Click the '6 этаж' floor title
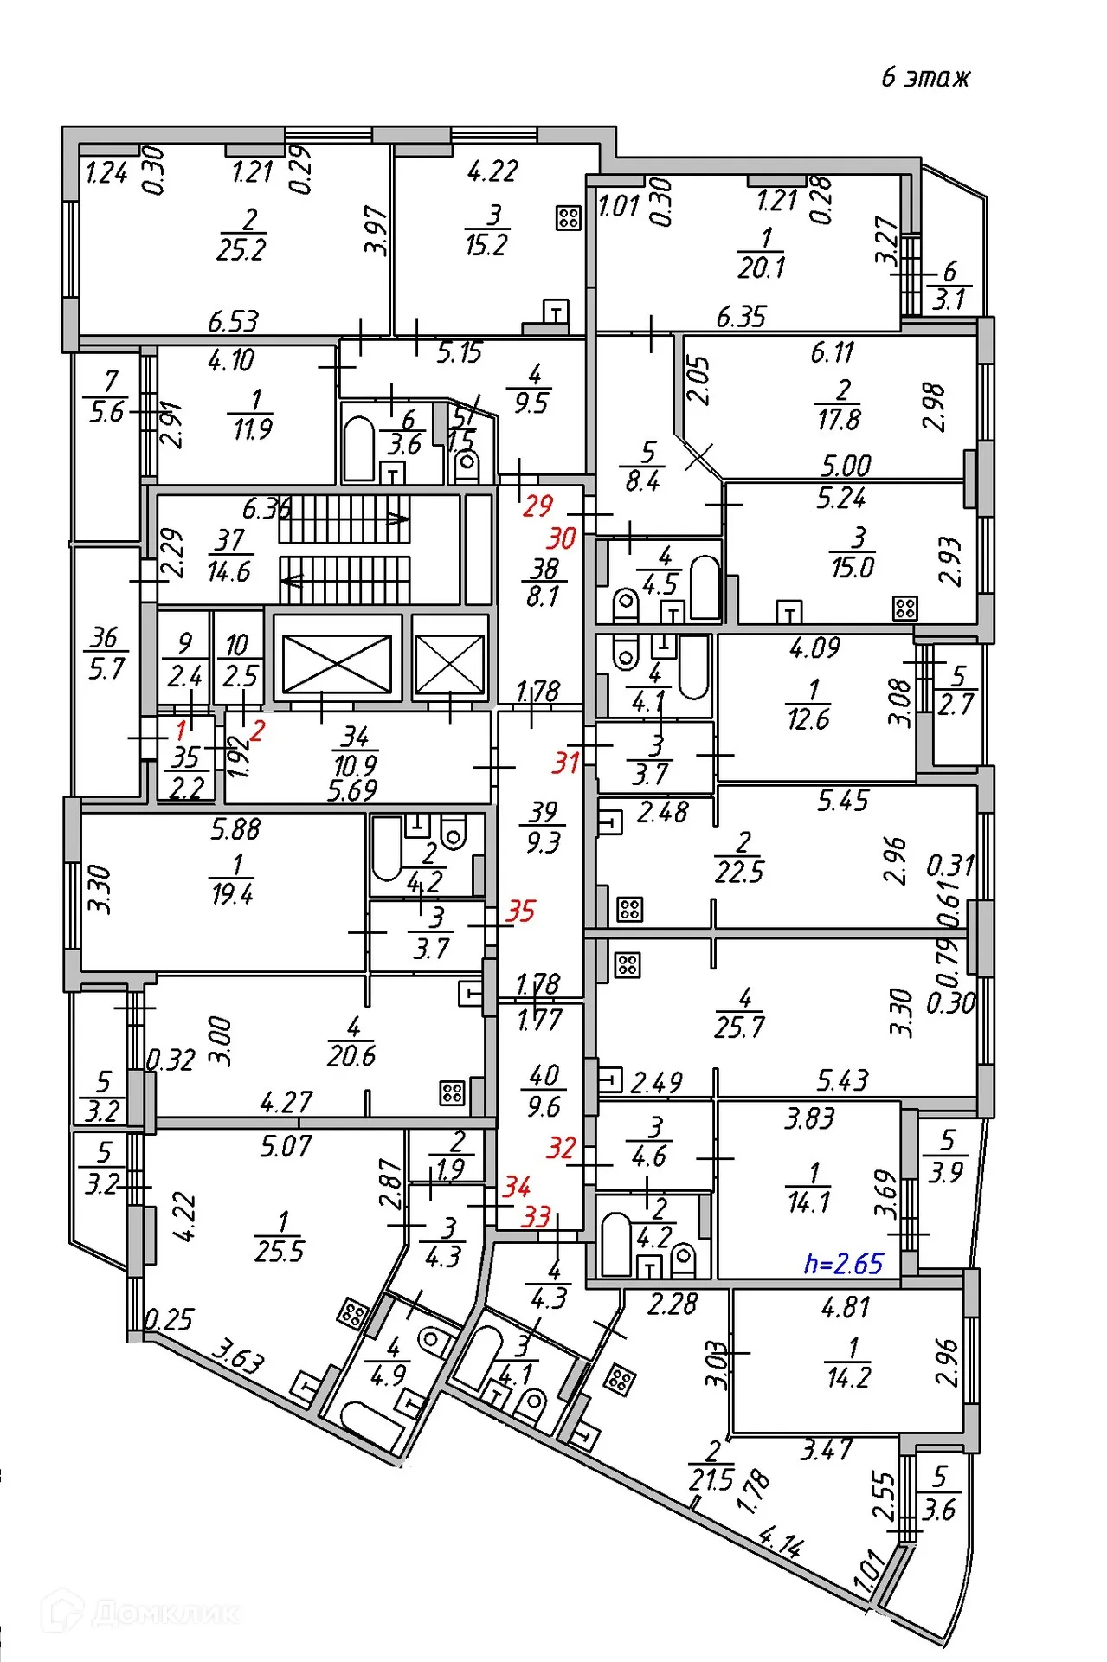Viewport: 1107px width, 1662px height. pos(924,78)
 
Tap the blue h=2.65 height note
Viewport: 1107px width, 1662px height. pos(843,1264)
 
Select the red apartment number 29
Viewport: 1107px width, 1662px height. pos(537,506)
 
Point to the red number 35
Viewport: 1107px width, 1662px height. pos(520,911)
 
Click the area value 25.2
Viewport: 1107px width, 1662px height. pos(241,250)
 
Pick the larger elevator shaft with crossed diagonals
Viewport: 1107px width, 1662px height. pos(337,664)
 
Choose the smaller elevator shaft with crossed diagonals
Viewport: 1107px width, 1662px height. pos(449,664)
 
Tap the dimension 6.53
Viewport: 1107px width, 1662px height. pos(233,321)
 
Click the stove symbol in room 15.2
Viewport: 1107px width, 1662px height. pos(568,217)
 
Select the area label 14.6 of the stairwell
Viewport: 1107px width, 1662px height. pos(228,571)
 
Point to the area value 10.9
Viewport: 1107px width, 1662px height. pos(355,765)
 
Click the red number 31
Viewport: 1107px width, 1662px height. pos(565,763)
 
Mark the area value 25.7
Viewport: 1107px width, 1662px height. pos(739,1027)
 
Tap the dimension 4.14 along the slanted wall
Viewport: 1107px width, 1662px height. pos(780,1542)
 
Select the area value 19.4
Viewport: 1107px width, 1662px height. pos(231,893)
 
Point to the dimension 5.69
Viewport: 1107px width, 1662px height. pos(352,790)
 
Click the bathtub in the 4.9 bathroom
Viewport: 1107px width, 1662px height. pos(372,1424)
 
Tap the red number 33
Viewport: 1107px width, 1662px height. pos(536,1217)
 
